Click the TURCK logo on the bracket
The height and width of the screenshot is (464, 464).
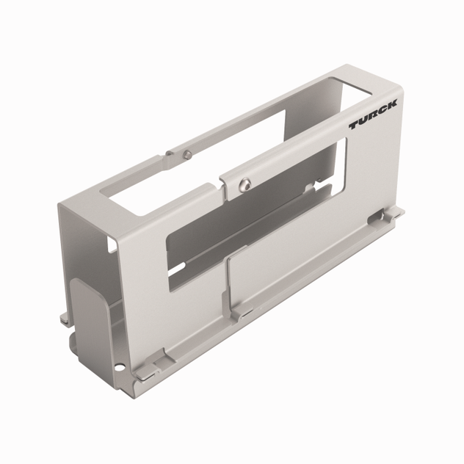pos(372,116)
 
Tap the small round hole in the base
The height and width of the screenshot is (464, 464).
pos(117,366)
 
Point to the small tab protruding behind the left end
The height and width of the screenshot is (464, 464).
pos(64,316)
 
